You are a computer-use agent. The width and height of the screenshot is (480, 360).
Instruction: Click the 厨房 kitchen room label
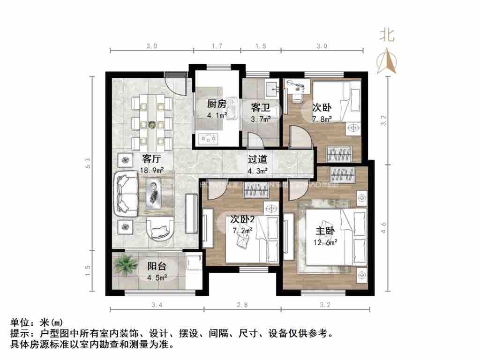217,104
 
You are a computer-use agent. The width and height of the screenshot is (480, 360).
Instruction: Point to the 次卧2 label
242,219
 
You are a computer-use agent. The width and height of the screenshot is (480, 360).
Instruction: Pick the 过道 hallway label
257,160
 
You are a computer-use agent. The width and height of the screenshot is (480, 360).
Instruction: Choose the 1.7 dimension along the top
217,46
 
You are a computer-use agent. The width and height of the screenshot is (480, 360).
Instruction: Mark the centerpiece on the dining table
152,125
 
